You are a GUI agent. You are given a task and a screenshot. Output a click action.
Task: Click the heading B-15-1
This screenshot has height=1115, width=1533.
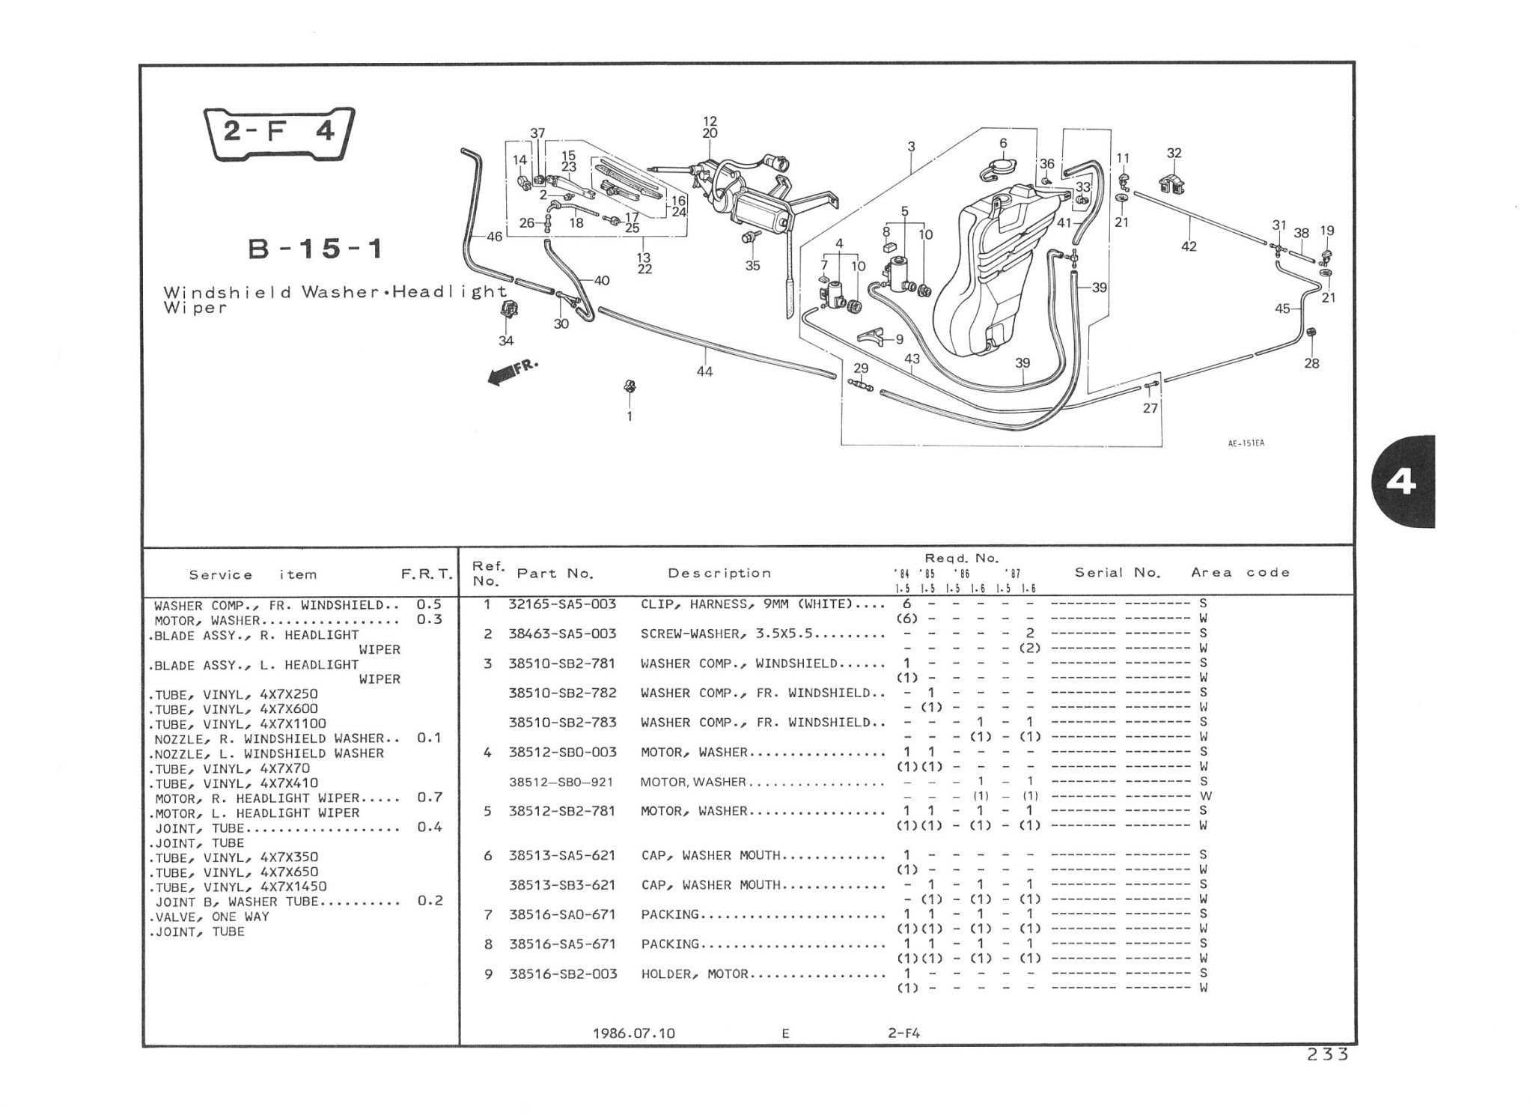(x=315, y=249)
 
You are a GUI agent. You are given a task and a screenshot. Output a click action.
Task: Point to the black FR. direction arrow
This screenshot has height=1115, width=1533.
(x=511, y=372)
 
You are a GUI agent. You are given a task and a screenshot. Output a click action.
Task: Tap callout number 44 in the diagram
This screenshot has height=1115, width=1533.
(x=704, y=371)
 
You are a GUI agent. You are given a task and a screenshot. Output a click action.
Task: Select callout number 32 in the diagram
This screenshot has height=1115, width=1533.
(x=1174, y=154)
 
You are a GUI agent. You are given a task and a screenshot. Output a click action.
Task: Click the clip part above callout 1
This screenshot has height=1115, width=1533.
(x=630, y=387)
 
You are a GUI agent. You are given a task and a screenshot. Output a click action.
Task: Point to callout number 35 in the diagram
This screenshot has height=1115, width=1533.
(x=752, y=265)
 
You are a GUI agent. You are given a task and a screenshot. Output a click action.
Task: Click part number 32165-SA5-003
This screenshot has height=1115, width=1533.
(x=562, y=604)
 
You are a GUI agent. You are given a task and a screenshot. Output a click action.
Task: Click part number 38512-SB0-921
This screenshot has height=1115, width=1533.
(x=561, y=783)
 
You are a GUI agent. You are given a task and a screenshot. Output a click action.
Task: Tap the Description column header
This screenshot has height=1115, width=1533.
(x=719, y=574)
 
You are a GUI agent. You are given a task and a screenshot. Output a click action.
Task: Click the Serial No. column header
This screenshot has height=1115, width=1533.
(x=1118, y=573)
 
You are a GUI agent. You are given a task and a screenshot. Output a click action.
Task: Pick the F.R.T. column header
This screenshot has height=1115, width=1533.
(x=427, y=574)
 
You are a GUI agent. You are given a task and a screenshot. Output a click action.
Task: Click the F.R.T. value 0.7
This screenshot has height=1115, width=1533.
(x=430, y=797)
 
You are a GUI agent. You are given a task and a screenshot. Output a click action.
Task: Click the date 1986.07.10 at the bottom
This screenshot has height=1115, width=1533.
(x=634, y=1033)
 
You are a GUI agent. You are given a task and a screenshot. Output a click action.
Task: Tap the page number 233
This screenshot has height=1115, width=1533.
(x=1328, y=1054)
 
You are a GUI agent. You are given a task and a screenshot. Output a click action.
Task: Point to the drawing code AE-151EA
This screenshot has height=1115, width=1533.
(x=1246, y=443)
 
